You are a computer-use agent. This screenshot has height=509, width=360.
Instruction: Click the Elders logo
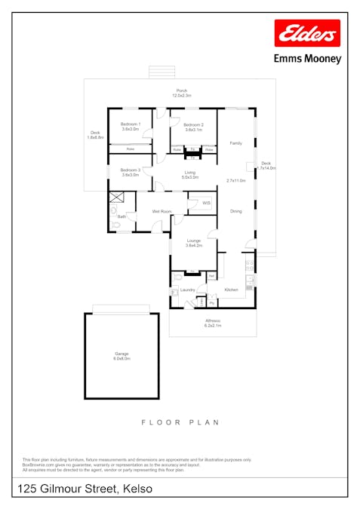[307, 34]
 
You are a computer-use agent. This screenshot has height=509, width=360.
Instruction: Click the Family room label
[236, 143]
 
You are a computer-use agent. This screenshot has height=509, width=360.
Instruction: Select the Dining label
[236, 211]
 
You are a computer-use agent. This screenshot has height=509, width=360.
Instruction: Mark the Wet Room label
[162, 211]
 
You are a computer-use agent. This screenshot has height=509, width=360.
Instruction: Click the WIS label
[206, 203]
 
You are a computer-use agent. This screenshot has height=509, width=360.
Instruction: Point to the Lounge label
[194, 242]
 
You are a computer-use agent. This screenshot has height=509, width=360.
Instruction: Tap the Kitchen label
[231, 290]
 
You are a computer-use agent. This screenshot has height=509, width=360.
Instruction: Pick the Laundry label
[188, 290]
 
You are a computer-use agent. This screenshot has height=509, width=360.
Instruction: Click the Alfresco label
[212, 322]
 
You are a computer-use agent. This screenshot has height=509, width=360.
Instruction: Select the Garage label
[122, 355]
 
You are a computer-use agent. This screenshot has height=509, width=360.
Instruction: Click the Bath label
[121, 217]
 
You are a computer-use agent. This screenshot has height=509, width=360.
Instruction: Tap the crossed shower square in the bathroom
[116, 198]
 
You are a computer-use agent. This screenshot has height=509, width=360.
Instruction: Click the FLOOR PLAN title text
[180, 423]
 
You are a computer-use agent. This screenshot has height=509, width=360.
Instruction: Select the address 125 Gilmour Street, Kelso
[85, 489]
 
